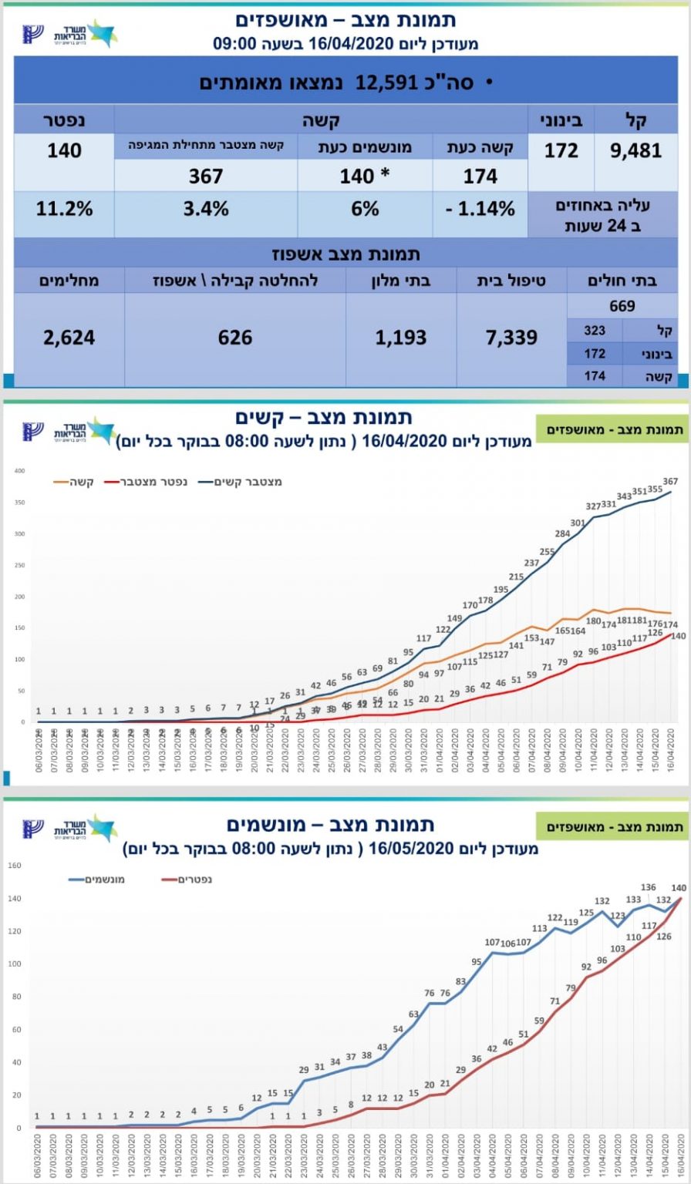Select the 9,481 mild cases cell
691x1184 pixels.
[x=635, y=150]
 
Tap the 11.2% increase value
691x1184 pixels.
[x=65, y=209]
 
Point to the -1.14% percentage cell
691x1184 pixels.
[x=479, y=209]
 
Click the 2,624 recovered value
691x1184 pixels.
[x=69, y=337]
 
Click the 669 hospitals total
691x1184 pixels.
[x=622, y=306]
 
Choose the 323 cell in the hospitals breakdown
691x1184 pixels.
[x=595, y=331]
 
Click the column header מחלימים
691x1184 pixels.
[x=69, y=280]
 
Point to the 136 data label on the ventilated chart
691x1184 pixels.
[x=649, y=888]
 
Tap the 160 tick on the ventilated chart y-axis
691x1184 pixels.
[x=14, y=865]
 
